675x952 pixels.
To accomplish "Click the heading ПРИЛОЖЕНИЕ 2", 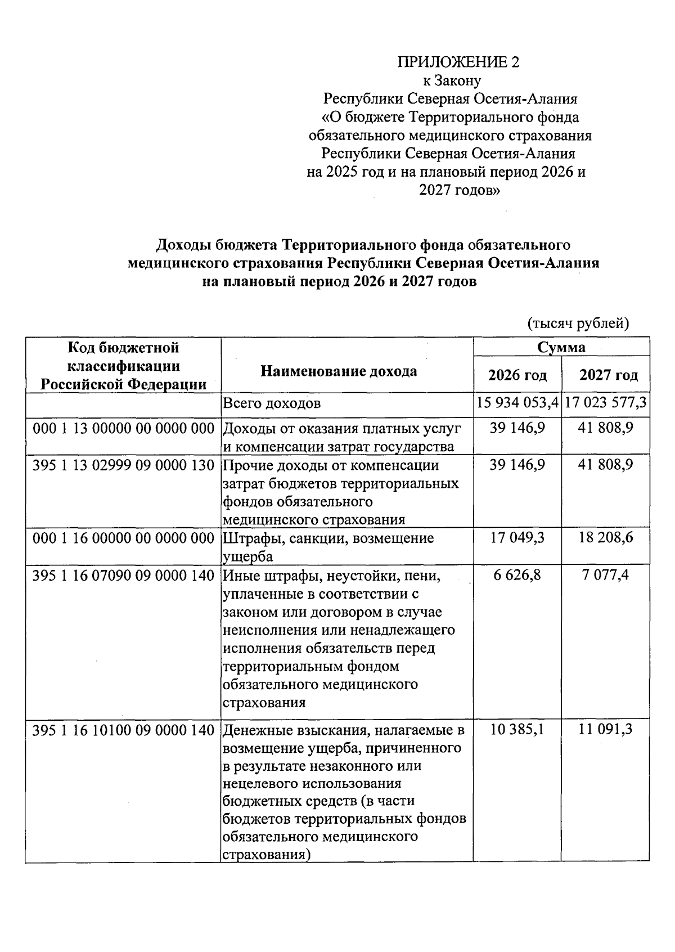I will coord(458,62).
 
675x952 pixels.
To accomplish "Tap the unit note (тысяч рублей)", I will coord(578,324).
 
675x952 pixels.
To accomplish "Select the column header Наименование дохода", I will coord(339,371).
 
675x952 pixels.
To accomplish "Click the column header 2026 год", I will coord(517,375).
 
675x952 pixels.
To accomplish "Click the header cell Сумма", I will coord(561,347).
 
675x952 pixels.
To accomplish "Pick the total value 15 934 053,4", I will coord(517,403).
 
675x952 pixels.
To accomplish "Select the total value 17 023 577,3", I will coord(606,403).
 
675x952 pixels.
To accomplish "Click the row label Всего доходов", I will coord(272,403).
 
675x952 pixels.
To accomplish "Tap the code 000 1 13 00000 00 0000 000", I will coord(124,429).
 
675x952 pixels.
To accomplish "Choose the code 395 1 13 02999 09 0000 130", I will coord(124,465).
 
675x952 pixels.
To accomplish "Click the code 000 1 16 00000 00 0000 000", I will coord(124,538).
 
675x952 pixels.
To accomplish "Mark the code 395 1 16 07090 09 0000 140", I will coord(124,575).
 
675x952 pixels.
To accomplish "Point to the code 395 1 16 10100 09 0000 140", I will coord(124,730).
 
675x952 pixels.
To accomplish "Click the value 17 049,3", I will coord(517,538).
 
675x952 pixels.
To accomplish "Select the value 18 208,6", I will coord(606,538).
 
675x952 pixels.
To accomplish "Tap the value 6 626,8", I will coord(517,575).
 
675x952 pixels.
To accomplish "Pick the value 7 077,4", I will coord(606,575).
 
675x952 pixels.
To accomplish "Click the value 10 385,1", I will coord(517,730).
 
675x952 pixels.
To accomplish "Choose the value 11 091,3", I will coord(606,730).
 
